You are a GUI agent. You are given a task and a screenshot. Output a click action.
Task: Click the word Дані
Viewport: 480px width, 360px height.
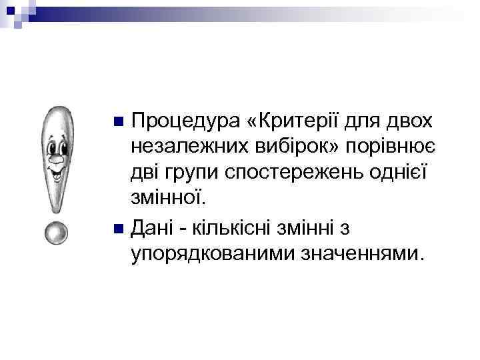coord(154,229)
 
